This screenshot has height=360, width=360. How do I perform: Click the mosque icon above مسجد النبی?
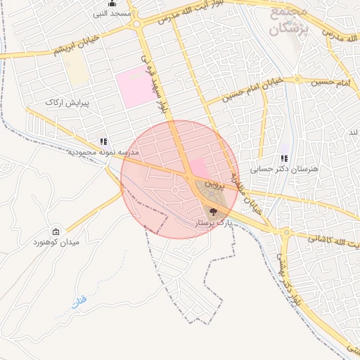pos(112,4)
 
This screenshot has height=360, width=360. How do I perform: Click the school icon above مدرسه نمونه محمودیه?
pos(104,141)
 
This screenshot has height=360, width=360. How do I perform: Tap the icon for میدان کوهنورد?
pos(56,231)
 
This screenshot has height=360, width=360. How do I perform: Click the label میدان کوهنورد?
pos(56,243)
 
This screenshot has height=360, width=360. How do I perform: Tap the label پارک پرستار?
pos(212,222)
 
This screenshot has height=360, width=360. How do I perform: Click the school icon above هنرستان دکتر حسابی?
pos(284,159)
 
